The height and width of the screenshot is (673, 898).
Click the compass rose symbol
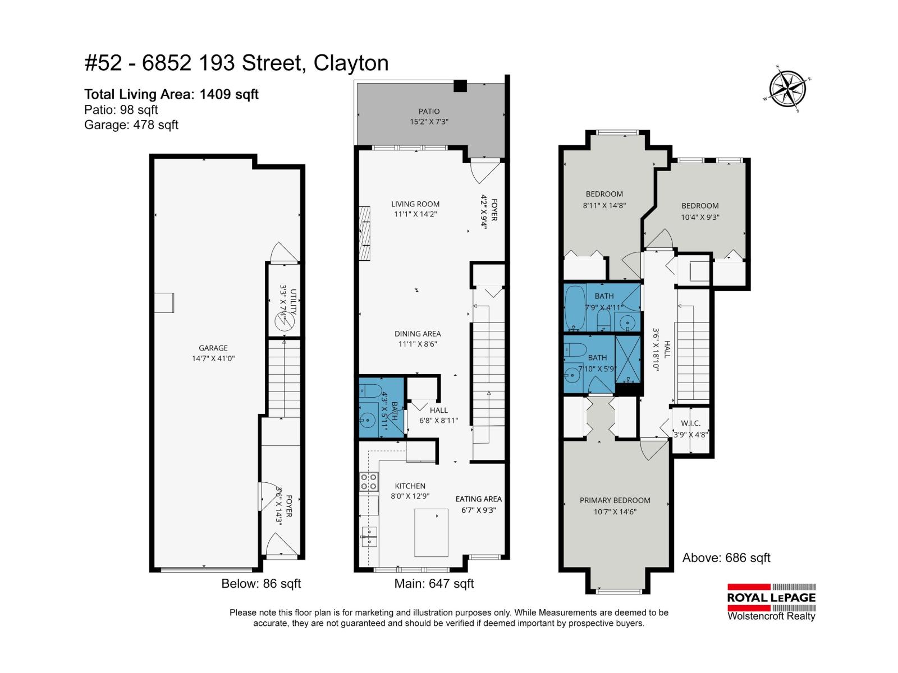(x=789, y=89)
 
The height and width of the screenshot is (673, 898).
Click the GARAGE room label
(x=213, y=348)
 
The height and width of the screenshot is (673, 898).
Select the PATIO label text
(x=429, y=112)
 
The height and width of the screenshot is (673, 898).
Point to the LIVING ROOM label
(x=415, y=204)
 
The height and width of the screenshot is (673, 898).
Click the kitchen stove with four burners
(x=369, y=482)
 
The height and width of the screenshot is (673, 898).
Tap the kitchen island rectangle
(x=431, y=532)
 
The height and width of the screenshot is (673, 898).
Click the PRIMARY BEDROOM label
(x=615, y=500)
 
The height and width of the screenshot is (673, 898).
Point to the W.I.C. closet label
(x=690, y=423)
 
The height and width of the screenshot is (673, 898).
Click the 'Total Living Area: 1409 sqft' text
(x=171, y=94)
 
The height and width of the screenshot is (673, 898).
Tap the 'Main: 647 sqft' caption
(x=434, y=584)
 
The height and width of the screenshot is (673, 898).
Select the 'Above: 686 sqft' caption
(x=726, y=558)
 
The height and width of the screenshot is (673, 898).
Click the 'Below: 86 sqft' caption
(x=261, y=584)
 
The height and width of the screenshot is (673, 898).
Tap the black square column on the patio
(x=460, y=86)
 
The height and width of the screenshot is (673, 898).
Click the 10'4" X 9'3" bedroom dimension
(x=700, y=217)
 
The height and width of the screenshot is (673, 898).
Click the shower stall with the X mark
(x=628, y=359)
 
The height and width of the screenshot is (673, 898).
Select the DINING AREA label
(x=418, y=334)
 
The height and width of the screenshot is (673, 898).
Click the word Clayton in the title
(x=351, y=63)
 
